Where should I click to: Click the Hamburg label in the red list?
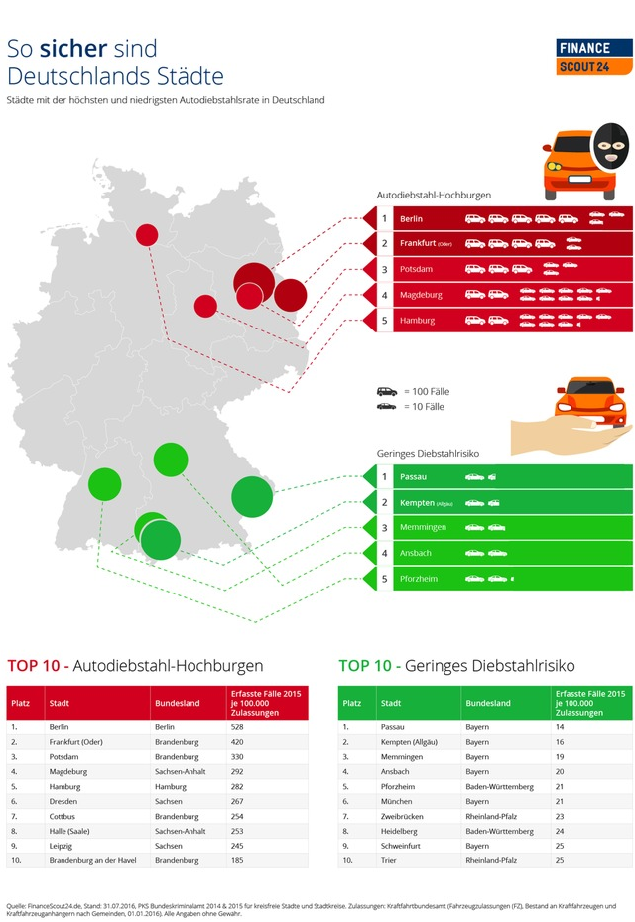(x=417, y=321)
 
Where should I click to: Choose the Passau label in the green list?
(x=413, y=477)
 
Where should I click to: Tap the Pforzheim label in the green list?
(x=420, y=578)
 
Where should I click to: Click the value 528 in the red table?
(x=238, y=726)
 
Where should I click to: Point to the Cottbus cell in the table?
(x=64, y=816)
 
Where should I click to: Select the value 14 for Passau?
(x=561, y=726)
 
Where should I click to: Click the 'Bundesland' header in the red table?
(x=177, y=703)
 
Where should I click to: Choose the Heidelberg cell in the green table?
(x=402, y=831)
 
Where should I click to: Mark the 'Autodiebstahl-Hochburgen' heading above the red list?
(x=434, y=196)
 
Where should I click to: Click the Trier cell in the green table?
(x=389, y=860)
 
